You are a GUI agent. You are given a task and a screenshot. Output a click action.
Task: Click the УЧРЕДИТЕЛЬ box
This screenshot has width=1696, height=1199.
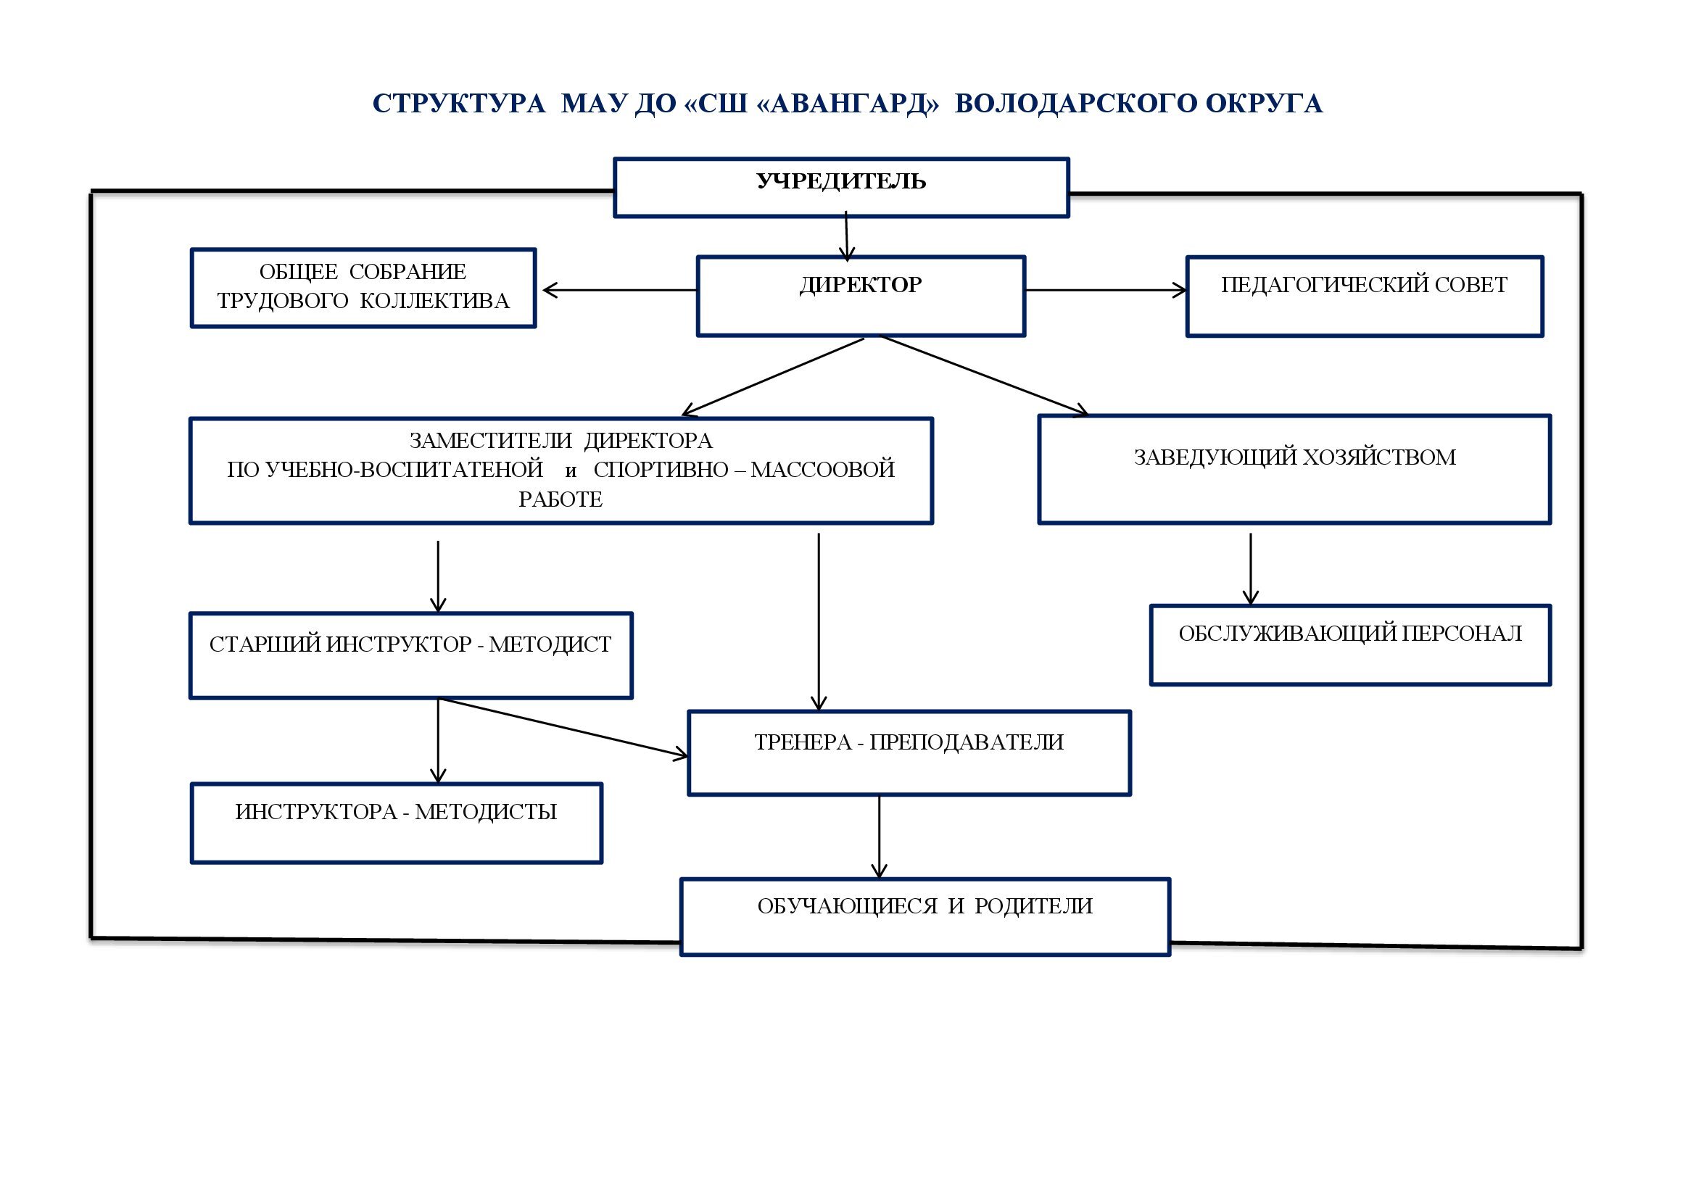840,188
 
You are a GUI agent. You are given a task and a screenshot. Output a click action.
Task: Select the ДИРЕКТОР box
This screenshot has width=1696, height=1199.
861,296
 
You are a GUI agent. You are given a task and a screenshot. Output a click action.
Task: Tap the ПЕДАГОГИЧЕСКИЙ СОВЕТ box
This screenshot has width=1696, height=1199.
1364,296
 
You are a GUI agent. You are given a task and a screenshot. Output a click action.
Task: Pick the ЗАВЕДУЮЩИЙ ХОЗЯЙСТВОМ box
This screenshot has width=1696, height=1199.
1294,470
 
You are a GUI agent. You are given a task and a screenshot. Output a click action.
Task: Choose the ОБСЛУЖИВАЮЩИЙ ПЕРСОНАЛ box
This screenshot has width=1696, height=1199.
1349,644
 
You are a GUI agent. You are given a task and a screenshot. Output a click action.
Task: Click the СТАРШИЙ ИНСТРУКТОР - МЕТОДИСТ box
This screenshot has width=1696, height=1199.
410,655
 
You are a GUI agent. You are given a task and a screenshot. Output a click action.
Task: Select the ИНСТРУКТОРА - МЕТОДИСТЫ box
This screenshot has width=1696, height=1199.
396,823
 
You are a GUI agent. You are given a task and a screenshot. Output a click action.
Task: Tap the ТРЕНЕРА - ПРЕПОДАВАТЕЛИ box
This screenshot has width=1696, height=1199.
909,752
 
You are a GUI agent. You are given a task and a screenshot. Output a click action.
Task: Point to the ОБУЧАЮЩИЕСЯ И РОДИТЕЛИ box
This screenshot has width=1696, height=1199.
924,916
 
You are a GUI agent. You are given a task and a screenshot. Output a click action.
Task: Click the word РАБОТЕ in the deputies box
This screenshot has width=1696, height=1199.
560,500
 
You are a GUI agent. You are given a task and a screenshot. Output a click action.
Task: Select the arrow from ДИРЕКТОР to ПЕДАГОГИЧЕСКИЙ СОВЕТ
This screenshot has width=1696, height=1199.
1106,290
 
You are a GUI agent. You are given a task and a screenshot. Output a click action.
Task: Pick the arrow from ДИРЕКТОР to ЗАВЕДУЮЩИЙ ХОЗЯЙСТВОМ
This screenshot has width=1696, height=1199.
983,374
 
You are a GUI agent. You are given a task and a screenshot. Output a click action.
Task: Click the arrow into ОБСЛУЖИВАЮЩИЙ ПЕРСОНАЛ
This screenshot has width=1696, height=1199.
1251,568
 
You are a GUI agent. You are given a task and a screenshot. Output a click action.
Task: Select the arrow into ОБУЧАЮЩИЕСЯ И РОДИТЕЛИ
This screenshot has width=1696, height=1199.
879,836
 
